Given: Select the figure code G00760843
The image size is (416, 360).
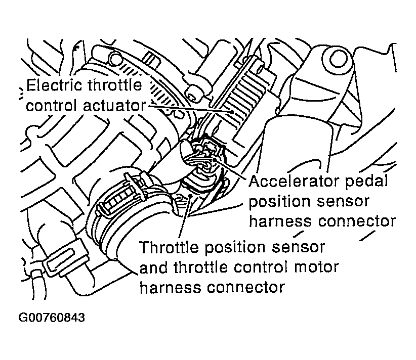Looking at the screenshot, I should (x=51, y=318).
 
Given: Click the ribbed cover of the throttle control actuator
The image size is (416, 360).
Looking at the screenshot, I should (x=238, y=96).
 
